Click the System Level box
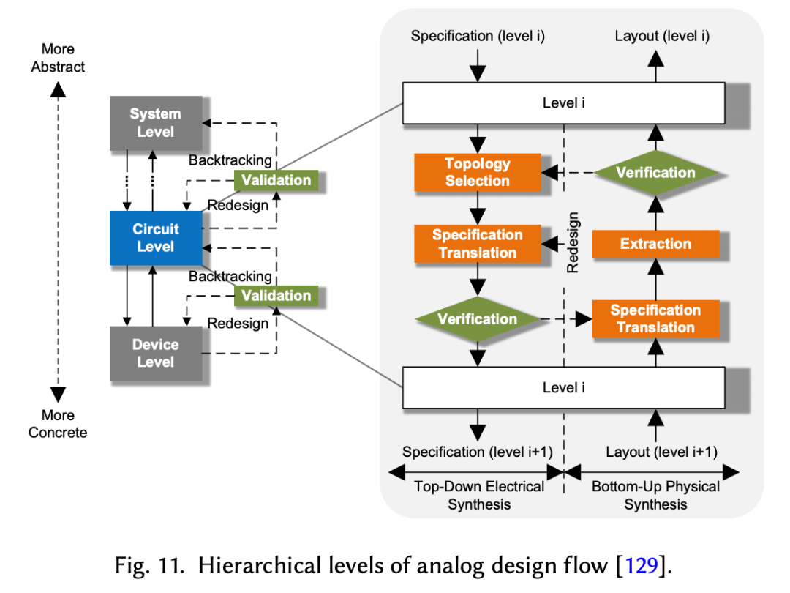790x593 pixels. (155, 123)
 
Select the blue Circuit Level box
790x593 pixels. (155, 238)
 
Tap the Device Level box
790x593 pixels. (155, 353)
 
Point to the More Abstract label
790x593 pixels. (58, 58)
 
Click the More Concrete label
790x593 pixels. (58, 424)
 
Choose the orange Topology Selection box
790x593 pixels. (478, 173)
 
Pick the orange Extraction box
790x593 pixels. (655, 244)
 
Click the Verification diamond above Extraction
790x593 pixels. (655, 173)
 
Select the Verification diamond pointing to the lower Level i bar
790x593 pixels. (478, 319)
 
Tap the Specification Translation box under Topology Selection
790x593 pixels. (478, 244)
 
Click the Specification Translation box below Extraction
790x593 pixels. (655, 318)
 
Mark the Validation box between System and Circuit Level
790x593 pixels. (276, 180)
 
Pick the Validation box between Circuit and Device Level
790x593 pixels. (276, 296)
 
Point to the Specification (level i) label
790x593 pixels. (478, 36)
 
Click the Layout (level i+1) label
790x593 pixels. (661, 452)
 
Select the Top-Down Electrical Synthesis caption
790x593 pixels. (479, 495)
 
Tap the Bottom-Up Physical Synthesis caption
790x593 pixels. (655, 495)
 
